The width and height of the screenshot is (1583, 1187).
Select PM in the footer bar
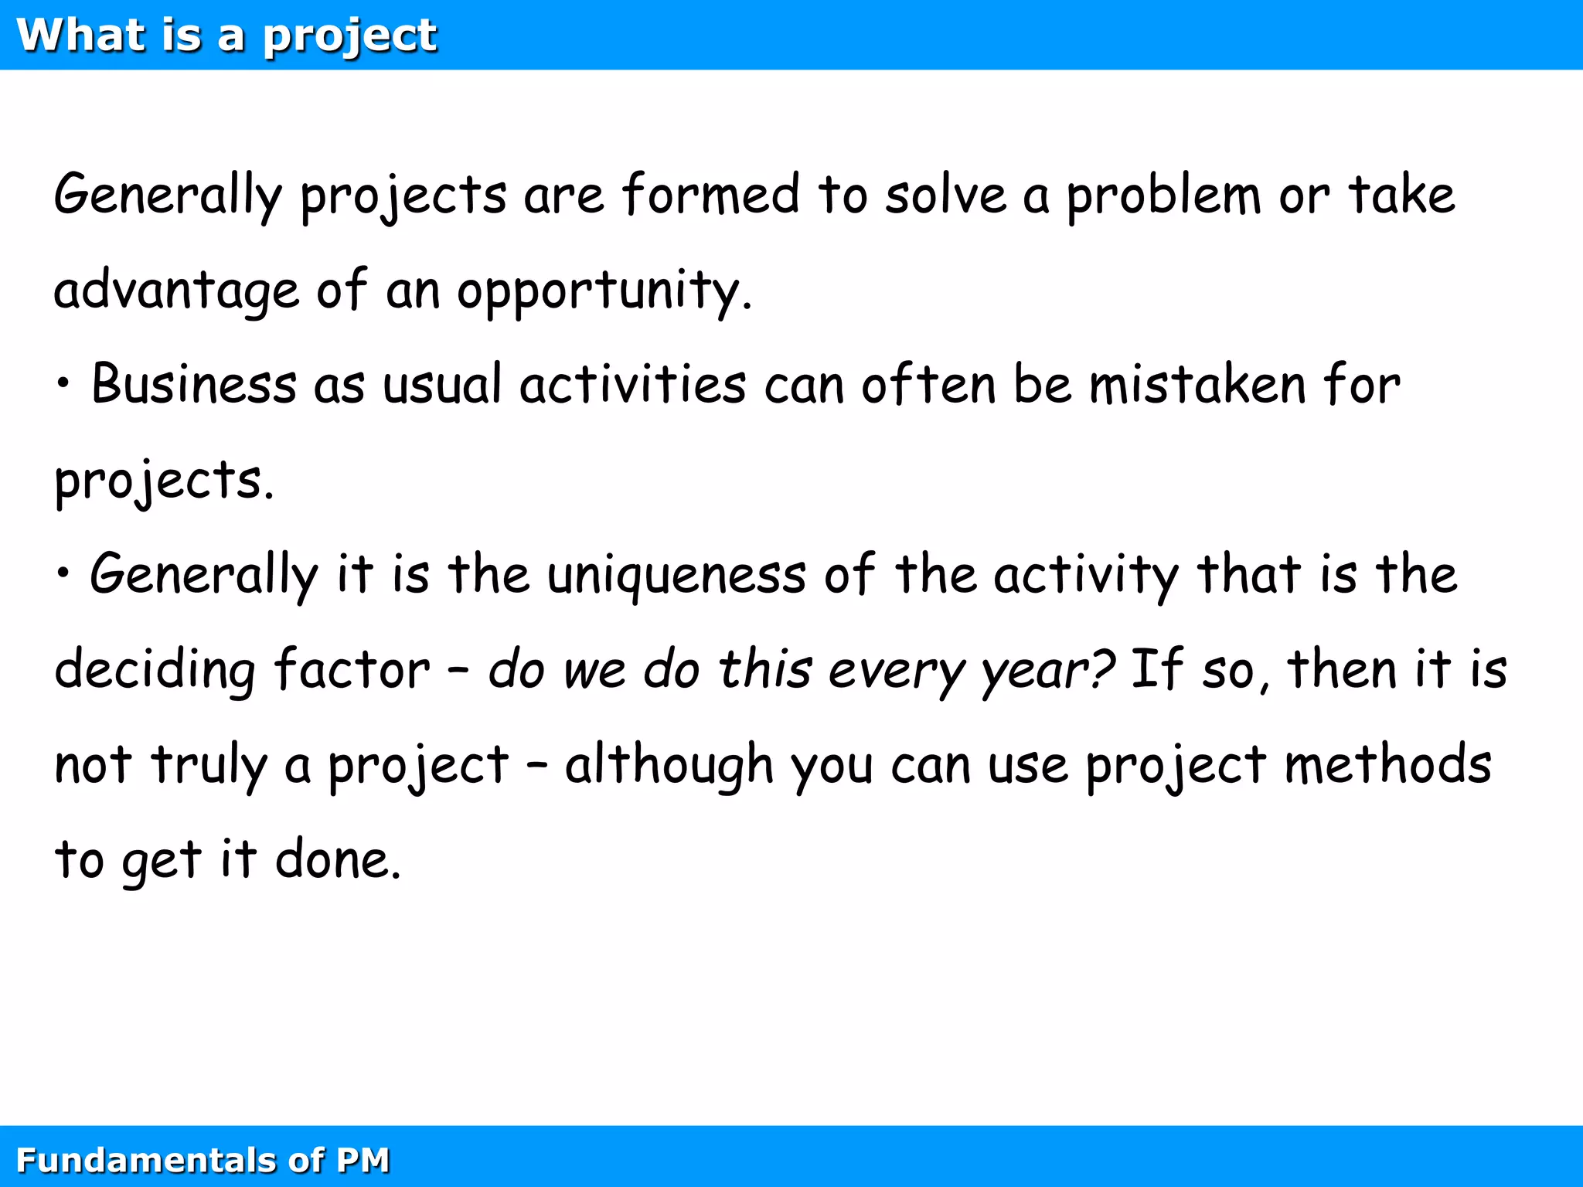[x=363, y=1160]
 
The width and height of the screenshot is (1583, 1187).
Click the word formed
[x=711, y=194]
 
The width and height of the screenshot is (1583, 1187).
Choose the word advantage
[x=176, y=291]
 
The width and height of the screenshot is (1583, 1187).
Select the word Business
[x=194, y=384]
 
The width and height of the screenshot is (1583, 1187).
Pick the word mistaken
[x=1197, y=384]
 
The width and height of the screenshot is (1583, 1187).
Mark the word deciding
[x=155, y=671]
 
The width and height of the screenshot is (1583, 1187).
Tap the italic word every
[x=897, y=671]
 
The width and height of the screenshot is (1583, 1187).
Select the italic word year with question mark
[x=1047, y=671]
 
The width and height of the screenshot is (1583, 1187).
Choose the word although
[x=669, y=766]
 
